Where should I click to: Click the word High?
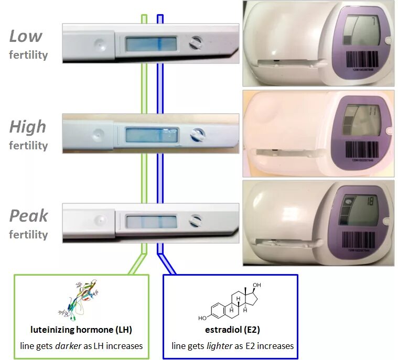coord(28,126)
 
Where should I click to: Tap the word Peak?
coord(29,216)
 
